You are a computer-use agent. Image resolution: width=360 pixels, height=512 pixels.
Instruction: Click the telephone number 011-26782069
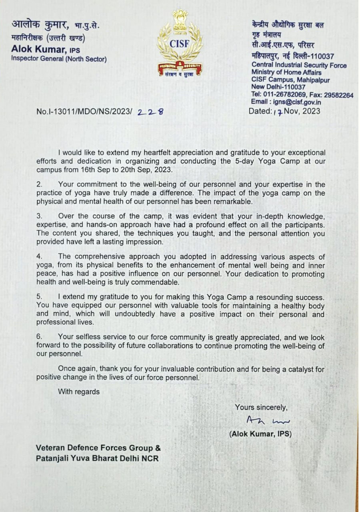coord(284,95)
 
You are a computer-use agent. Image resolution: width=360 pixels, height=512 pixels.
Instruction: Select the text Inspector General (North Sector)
coord(59,59)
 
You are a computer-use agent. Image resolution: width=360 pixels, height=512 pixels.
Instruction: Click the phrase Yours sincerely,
coord(261,407)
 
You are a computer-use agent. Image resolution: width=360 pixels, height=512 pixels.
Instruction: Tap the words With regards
coord(79,392)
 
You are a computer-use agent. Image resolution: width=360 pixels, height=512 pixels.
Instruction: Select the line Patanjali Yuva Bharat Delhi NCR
coord(97,458)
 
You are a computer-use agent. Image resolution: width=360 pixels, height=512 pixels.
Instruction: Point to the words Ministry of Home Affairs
coord(286,72)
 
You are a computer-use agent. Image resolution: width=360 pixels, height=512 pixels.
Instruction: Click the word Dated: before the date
coord(260,111)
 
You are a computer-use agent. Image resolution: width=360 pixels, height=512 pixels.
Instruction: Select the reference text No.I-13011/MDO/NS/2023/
coord(84,112)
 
